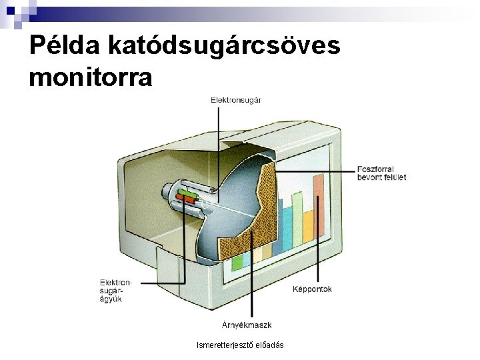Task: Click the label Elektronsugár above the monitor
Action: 235,100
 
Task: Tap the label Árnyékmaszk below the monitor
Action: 246,325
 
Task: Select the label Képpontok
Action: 312,289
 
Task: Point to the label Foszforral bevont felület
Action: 381,173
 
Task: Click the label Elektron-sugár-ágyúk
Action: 115,291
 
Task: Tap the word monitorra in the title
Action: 91,77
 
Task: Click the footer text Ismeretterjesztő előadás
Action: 240,345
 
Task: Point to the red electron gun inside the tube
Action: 186,199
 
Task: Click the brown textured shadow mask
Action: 250,213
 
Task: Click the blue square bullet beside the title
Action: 12,11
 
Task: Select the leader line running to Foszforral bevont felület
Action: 313,171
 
